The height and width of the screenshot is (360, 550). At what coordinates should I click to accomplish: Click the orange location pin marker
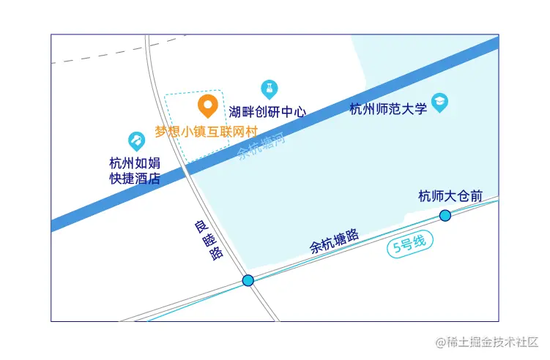point(208,106)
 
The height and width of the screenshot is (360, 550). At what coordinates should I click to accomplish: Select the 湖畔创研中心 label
point(267,112)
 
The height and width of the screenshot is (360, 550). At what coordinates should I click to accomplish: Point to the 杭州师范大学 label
point(388,109)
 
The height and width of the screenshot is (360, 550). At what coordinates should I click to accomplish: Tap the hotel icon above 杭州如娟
point(136,140)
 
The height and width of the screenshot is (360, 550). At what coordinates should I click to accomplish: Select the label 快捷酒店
point(135,178)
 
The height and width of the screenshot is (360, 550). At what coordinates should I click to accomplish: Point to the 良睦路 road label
point(208,239)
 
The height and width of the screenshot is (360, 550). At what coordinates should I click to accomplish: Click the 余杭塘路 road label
point(335,241)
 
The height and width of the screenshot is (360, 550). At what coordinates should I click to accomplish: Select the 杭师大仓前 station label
point(450,196)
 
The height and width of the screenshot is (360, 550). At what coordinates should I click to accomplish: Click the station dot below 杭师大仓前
point(445,215)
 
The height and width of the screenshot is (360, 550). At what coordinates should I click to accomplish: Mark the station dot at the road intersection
point(248,280)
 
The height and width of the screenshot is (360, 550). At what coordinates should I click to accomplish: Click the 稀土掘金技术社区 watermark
point(487,342)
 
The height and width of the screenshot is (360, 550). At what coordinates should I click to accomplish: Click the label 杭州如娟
point(135,162)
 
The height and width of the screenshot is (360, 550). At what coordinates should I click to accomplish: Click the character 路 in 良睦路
point(216,254)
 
